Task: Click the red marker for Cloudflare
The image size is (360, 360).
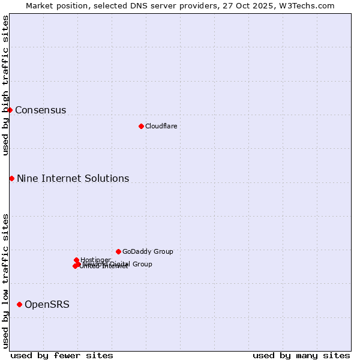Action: click(141, 126)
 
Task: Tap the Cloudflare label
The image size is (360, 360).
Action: click(161, 126)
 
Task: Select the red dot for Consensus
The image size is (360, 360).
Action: click(10, 110)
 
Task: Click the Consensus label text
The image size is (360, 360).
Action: click(40, 110)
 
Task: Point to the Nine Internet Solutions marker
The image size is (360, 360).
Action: click(11, 178)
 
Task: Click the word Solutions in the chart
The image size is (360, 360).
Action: click(107, 178)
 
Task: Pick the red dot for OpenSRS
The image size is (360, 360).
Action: click(19, 304)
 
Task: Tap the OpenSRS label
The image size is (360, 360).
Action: click(47, 304)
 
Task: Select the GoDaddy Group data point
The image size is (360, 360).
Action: click(118, 251)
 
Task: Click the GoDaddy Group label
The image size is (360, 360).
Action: click(148, 251)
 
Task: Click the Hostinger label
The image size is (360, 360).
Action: click(95, 260)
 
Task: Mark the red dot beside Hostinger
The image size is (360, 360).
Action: click(76, 260)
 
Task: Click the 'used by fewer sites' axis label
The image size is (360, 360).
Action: click(62, 355)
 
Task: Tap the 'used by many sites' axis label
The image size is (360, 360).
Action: click(301, 355)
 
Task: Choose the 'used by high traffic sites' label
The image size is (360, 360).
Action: click(5, 85)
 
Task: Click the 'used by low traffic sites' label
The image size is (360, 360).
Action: click(5, 281)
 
